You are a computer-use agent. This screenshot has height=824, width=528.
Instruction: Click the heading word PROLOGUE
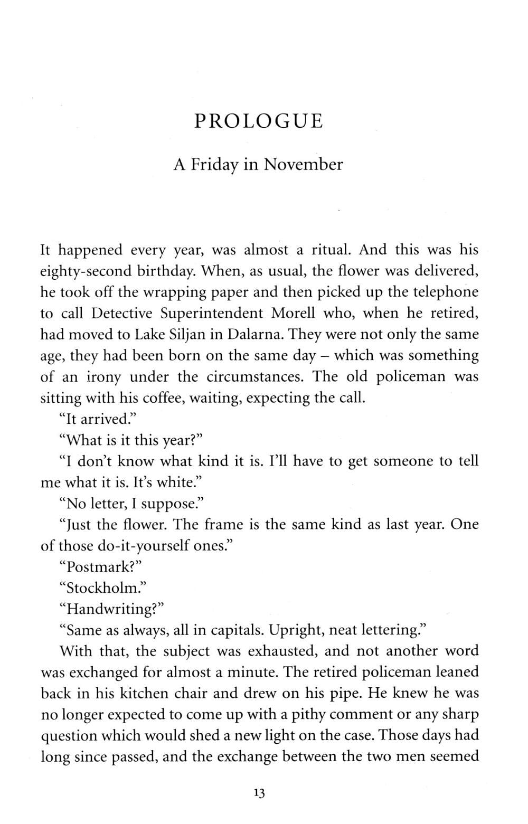click(258, 121)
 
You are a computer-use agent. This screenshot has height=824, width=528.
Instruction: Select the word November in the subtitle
click(303, 165)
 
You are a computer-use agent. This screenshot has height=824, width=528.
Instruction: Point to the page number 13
click(259, 793)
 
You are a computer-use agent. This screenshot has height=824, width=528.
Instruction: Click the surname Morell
click(293, 313)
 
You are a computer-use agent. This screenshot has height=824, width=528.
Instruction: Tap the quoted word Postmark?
click(101, 566)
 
